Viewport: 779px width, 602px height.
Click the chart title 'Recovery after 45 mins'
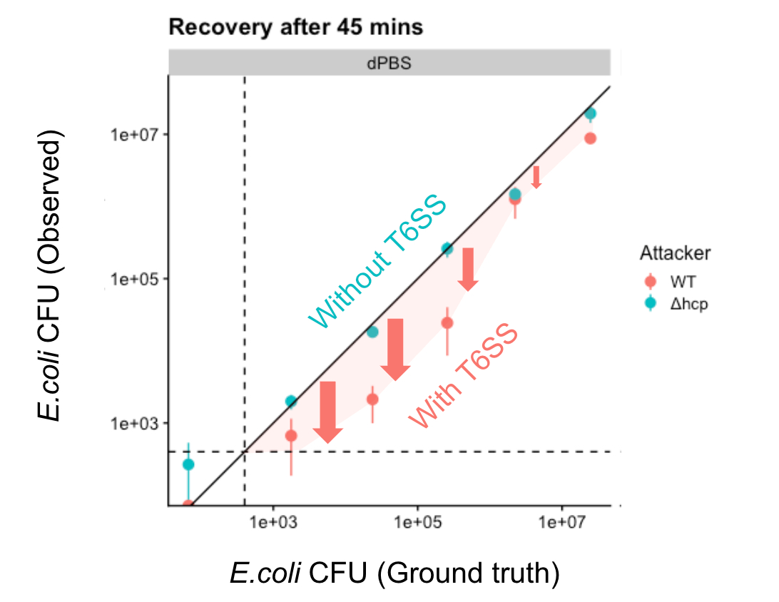pos(295,28)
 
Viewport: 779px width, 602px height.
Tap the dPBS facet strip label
pos(389,63)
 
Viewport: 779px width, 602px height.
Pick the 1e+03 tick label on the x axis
pos(273,522)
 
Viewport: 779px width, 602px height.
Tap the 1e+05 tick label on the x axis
pos(417,522)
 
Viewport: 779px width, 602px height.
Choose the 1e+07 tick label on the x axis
pos(562,522)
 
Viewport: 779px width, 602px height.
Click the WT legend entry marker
pos(650,281)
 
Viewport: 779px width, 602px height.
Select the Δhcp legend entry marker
pos(650,303)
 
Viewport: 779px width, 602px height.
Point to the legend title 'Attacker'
pos(674,253)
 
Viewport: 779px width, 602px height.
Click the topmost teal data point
pos(590,113)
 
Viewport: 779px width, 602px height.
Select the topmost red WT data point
pos(590,138)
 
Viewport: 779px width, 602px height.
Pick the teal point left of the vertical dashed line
pos(188,464)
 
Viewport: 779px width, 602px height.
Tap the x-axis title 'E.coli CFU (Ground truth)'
pos(394,573)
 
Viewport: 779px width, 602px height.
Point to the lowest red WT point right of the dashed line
pos(290,435)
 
